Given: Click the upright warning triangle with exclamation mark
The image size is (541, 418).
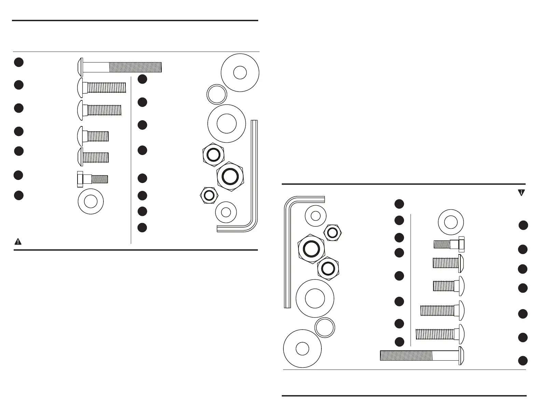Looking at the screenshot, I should tap(18, 242).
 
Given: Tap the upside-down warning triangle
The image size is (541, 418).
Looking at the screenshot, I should tap(522, 193).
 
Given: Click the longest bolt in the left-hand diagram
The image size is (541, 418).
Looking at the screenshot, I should tap(120, 67).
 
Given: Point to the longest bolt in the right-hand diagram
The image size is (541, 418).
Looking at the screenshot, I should tap(422, 356).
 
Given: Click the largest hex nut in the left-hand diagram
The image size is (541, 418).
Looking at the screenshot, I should tap(231, 177).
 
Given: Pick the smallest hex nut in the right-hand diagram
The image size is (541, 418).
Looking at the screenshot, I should tap(332, 233).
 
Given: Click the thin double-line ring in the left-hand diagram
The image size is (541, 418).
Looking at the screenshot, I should tap(217, 94).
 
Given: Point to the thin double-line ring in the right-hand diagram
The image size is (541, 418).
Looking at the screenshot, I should tap(324, 328).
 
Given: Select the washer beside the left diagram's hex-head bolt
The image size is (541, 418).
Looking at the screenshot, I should tap(91, 201).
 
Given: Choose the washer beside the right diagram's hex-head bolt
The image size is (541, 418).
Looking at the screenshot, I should tap(451, 222).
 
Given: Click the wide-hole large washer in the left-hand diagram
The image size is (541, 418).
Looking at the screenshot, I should tap(226, 123).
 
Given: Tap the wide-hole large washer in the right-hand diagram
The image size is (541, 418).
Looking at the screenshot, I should tap(315, 298).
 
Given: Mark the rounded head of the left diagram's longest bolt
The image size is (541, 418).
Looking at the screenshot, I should tap(80, 67).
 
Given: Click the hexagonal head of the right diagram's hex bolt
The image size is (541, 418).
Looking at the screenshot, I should tap(461, 244).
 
